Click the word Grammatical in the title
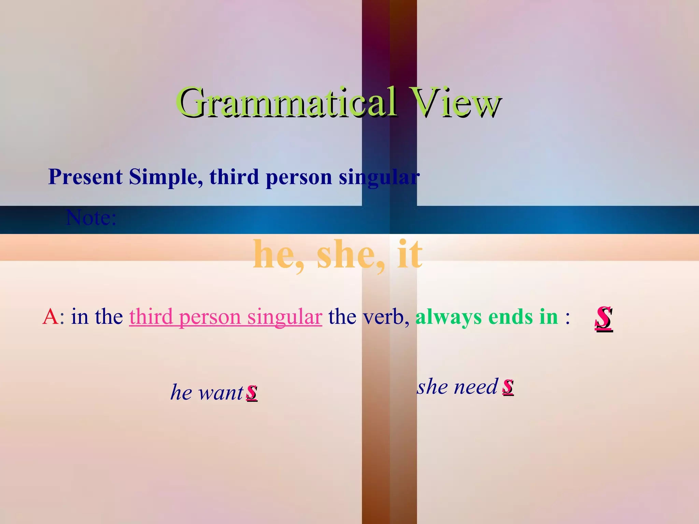(x=287, y=102)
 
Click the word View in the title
(x=456, y=102)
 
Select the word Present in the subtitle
(x=85, y=177)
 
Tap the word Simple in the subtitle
(x=166, y=177)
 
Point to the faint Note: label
(x=91, y=217)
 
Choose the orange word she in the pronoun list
(x=348, y=254)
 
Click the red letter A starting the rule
(x=50, y=317)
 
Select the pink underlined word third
(x=151, y=317)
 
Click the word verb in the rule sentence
(x=384, y=317)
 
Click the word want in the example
(x=221, y=392)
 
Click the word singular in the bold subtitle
(x=379, y=178)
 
